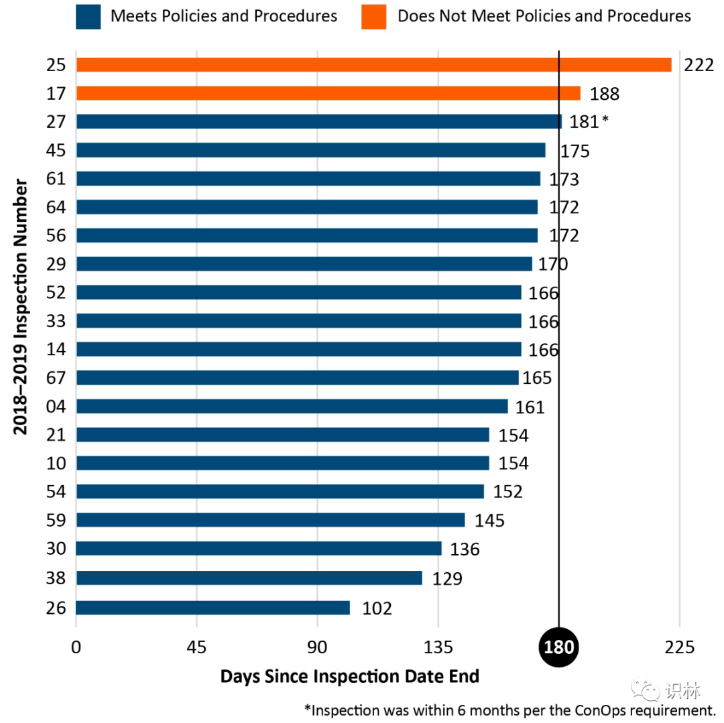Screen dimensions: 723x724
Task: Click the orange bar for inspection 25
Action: [373, 64]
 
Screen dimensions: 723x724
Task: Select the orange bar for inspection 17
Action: [328, 93]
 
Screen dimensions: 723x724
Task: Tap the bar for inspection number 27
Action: [318, 121]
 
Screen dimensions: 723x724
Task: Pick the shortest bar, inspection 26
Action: [213, 608]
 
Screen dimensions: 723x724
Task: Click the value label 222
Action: [699, 65]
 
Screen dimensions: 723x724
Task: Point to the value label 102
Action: [377, 608]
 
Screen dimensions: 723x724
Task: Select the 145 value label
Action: [489, 521]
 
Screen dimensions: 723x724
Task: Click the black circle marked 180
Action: [558, 647]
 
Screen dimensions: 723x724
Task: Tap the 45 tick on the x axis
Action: [196, 647]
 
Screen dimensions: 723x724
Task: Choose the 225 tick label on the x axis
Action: [679, 647]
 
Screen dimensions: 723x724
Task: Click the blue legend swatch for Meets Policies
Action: [88, 17]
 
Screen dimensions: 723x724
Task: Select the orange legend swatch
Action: [373, 17]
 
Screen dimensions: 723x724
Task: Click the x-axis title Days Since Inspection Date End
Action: [350, 677]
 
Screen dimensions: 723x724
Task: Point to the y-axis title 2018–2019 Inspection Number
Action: [21, 307]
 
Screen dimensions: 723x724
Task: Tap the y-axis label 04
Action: [57, 407]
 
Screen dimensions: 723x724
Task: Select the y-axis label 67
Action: [57, 378]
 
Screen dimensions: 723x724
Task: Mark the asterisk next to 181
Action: [605, 121]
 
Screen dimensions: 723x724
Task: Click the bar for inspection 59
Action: [270, 520]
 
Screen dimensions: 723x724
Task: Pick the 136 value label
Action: [465, 549]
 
